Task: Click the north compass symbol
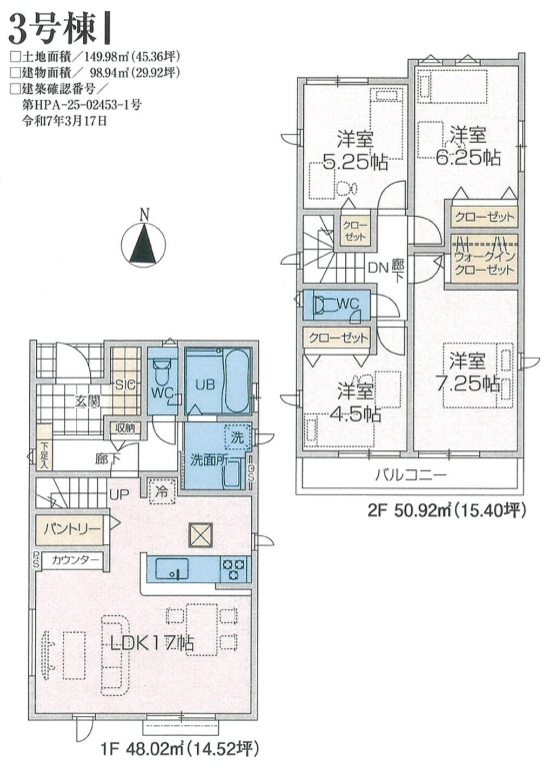pos(143,243)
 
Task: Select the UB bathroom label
pos(206,384)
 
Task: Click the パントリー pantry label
pos(73,529)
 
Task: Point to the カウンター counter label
pos(75,560)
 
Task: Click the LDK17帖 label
pos(151,643)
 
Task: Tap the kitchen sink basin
pos(172,569)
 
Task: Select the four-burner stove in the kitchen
pos(235,569)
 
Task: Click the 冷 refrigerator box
pos(161,490)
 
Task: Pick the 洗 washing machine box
pos(237,437)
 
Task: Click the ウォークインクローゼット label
pos(484,263)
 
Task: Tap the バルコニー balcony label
pos(411,474)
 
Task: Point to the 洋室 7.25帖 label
pos(468,373)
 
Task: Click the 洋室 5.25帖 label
pos(355,151)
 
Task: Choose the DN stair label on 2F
pos(378,268)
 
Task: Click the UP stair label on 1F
pos(119,494)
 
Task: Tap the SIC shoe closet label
pos(126,384)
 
